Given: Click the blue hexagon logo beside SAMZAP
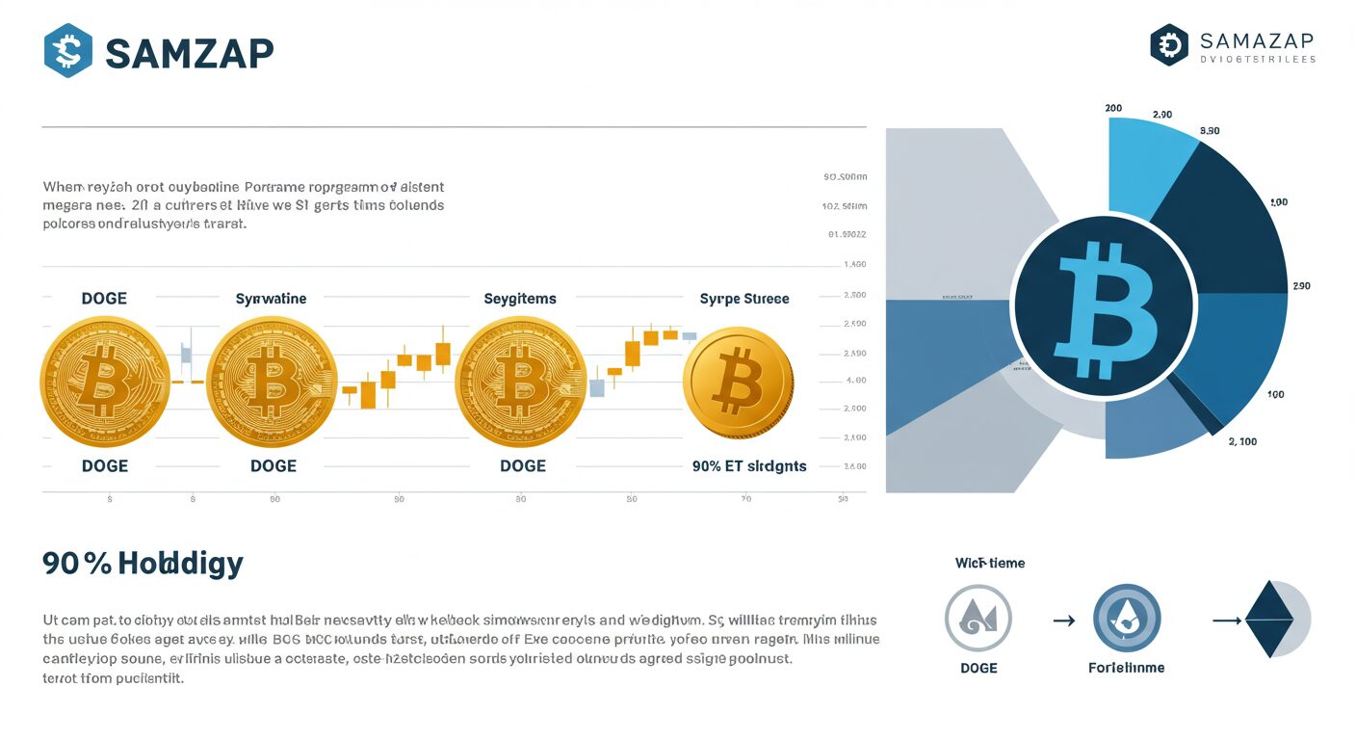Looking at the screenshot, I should pyautogui.click(x=68, y=51).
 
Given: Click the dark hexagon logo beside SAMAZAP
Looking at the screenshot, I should pyautogui.click(x=1169, y=45).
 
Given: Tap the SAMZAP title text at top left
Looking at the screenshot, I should pyautogui.click(x=189, y=53).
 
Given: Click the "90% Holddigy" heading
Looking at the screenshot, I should pyautogui.click(x=143, y=564).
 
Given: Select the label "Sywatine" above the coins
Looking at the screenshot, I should pyautogui.click(x=271, y=299).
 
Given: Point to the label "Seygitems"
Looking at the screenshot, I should pyautogui.click(x=519, y=299).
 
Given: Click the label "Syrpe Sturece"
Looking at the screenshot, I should pyautogui.click(x=743, y=299).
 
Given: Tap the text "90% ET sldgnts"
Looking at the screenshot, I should pyautogui.click(x=749, y=466).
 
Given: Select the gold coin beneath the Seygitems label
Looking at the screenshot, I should pyautogui.click(x=520, y=383).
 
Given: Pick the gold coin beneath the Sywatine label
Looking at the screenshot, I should pyautogui.click(x=272, y=383).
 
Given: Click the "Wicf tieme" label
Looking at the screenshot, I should pyautogui.click(x=989, y=563).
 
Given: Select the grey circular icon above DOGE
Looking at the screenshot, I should pyautogui.click(x=978, y=618).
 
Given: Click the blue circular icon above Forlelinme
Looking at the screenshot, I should pyautogui.click(x=1127, y=618).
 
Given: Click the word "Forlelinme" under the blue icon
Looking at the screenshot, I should pyautogui.click(x=1126, y=668).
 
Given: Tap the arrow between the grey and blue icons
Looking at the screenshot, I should pyautogui.click(x=1063, y=621).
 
